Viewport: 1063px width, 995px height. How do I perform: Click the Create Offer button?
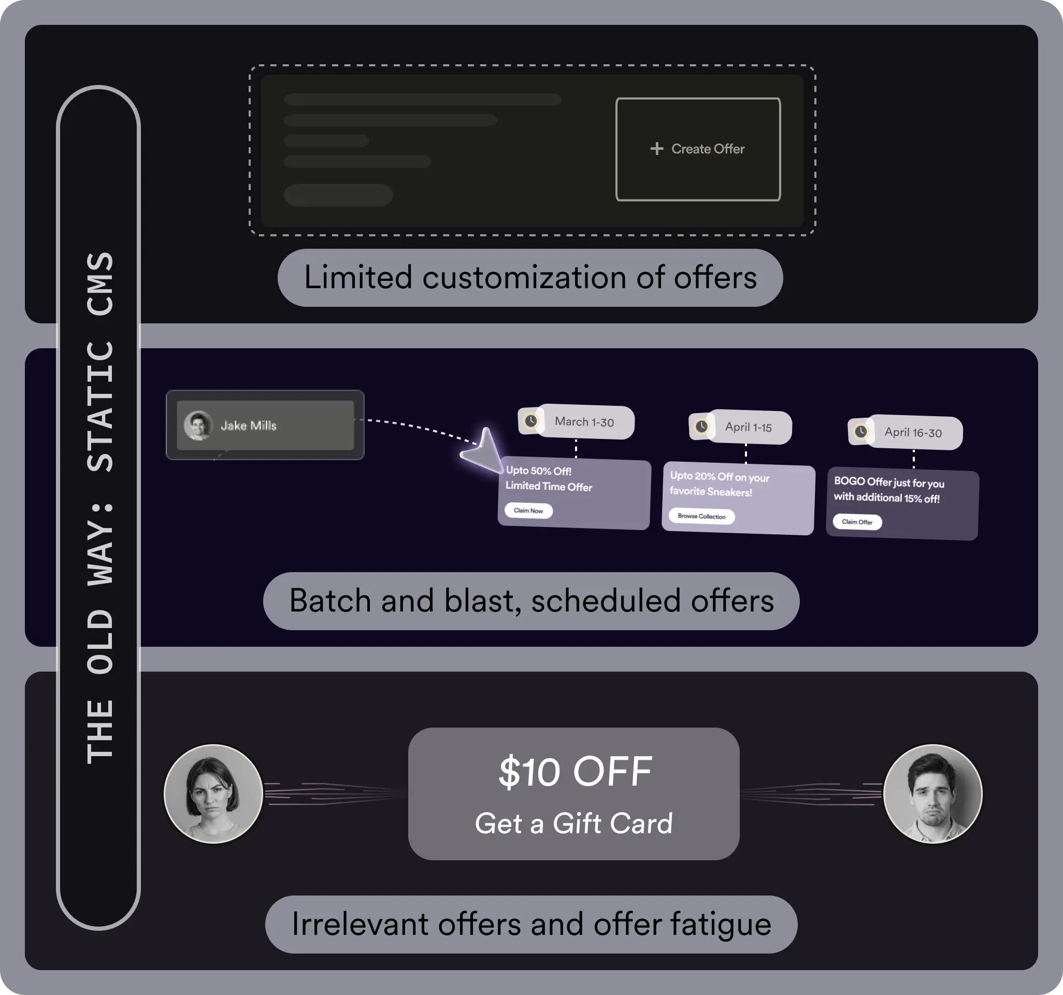[x=698, y=149]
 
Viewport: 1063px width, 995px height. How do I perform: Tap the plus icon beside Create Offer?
[x=657, y=149]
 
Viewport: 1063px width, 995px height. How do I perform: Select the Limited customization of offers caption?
[x=530, y=278]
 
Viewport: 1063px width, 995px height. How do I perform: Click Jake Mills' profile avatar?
[x=198, y=425]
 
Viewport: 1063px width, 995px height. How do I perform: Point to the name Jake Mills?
[x=249, y=426]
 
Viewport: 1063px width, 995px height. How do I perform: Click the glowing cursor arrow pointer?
[x=483, y=451]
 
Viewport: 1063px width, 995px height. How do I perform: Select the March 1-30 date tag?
[x=584, y=422]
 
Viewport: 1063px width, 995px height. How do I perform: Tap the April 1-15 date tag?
[x=749, y=428]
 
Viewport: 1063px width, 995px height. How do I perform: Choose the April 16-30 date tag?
[x=913, y=433]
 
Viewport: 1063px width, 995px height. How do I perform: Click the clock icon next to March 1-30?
[x=531, y=421]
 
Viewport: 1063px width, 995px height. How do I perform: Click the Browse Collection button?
[x=701, y=516]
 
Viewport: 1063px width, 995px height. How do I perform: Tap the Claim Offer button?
[x=857, y=522]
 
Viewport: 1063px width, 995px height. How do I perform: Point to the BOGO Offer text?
[x=889, y=490]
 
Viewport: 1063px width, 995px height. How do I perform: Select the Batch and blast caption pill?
[x=531, y=601]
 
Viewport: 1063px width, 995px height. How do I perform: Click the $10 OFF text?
[x=575, y=772]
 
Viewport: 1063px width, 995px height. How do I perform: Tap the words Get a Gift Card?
[x=573, y=823]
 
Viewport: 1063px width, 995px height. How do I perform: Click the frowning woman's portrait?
[x=213, y=793]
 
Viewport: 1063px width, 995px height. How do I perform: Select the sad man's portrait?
[x=932, y=793]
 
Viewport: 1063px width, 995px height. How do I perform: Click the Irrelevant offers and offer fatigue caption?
[x=531, y=924]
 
